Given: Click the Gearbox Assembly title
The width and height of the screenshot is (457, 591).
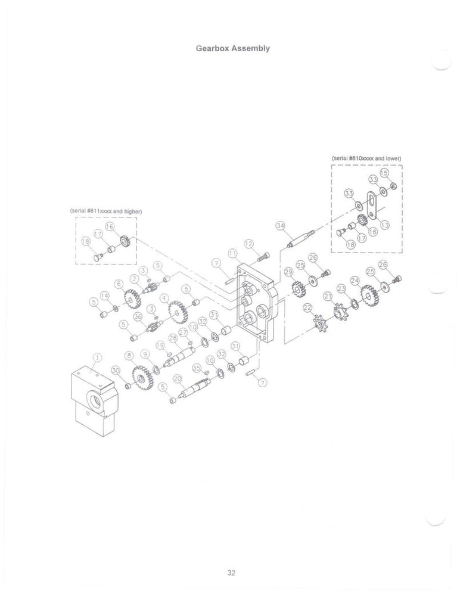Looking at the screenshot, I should [x=233, y=48].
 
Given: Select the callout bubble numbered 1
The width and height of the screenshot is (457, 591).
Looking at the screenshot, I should [x=96, y=357].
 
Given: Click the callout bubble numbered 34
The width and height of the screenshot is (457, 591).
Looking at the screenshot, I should [x=281, y=226].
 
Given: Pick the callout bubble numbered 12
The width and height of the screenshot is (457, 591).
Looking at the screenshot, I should [x=248, y=244].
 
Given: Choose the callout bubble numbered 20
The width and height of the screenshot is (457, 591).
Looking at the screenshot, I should [x=176, y=378].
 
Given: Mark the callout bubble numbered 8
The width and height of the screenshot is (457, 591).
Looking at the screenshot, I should [x=129, y=356].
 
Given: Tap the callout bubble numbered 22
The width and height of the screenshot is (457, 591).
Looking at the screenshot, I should [x=307, y=307].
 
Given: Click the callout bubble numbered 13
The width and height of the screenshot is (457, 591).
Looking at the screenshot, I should [x=385, y=225].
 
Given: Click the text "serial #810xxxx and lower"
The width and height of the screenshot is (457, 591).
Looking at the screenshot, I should [x=367, y=158].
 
